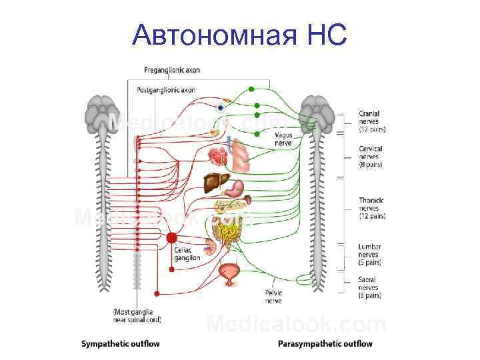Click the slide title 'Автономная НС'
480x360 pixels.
(x=239, y=35)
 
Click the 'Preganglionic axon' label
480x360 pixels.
(x=171, y=70)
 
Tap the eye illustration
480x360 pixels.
(x=220, y=107)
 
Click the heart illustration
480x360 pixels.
(x=217, y=157)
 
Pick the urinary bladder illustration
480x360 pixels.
(x=230, y=273)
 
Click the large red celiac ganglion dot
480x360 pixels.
(x=171, y=238)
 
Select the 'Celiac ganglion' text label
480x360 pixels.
(x=183, y=253)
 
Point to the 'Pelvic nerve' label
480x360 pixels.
(x=273, y=297)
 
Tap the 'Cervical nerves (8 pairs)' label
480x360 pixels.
(x=371, y=156)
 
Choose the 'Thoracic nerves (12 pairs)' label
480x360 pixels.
(x=372, y=207)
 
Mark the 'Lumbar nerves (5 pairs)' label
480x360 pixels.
(x=370, y=254)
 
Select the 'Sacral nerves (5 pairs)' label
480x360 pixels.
(x=370, y=287)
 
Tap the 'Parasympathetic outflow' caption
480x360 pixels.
(x=325, y=344)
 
